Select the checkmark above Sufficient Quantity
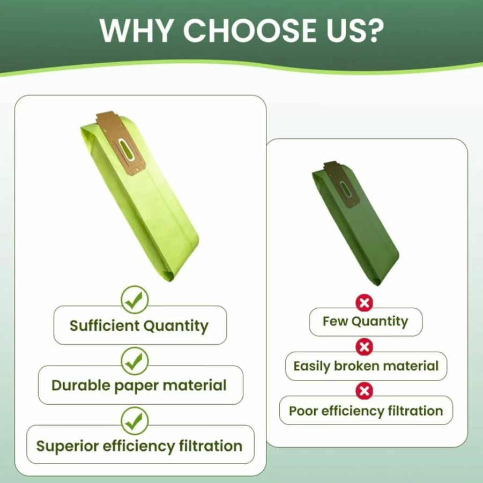pyautogui.click(x=135, y=300)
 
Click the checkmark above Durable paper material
pyautogui.click(x=135, y=361)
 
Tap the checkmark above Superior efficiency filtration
pyautogui.click(x=135, y=420)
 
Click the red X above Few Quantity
pyautogui.click(x=364, y=303)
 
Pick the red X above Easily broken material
pyautogui.click(x=364, y=347)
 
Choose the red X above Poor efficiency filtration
pyautogui.click(x=364, y=391)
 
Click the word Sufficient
pyautogui.click(x=105, y=325)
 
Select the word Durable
pyautogui.click(x=81, y=385)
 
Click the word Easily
pyautogui.click(x=312, y=367)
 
